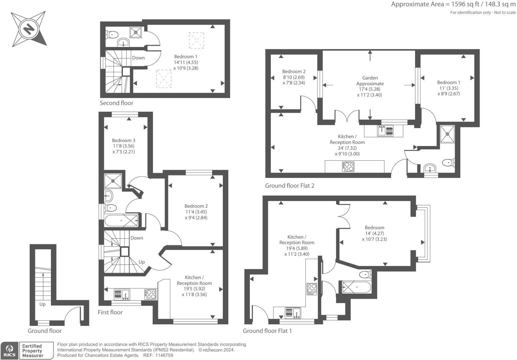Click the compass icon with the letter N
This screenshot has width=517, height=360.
[x=29, y=29]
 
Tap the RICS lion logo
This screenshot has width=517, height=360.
[x=9, y=350]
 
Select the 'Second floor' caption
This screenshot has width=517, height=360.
[x=116, y=103]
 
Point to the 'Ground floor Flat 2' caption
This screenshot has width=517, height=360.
[x=289, y=186]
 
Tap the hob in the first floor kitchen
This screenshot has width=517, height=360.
[x=150, y=294]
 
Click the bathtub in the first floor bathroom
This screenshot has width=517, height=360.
[x=121, y=221]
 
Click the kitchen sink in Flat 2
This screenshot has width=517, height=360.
[x=385, y=131]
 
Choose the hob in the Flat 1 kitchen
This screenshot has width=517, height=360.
[x=312, y=289]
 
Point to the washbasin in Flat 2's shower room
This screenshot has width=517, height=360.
[x=431, y=168]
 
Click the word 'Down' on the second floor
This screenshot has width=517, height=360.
[x=138, y=58]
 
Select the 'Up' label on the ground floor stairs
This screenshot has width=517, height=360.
[x=42, y=304]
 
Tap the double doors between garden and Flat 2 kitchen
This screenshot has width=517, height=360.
[x=347, y=117]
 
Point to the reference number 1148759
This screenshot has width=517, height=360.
[x=163, y=355]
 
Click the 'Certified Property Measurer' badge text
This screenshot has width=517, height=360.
[x=32, y=351]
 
